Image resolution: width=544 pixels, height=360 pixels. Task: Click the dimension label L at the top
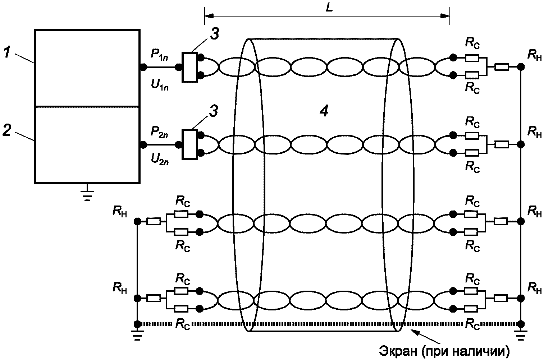click(x=329, y=8)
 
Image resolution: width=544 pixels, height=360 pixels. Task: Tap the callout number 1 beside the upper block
click(x=7, y=52)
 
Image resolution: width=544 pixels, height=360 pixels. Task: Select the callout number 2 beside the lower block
click(x=6, y=130)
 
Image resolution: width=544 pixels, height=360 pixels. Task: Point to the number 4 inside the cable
click(x=324, y=111)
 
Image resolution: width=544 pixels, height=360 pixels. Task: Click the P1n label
click(x=159, y=55)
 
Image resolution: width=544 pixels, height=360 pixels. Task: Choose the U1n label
click(x=160, y=85)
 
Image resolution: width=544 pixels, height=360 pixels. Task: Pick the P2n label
click(x=159, y=133)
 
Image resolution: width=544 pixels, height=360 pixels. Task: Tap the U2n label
click(x=160, y=160)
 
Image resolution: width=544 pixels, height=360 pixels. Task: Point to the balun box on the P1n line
click(x=190, y=67)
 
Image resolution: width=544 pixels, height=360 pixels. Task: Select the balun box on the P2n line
click(x=190, y=145)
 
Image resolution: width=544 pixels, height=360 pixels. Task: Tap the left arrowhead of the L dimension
click(x=209, y=16)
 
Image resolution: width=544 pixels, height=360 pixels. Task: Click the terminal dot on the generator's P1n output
click(x=143, y=67)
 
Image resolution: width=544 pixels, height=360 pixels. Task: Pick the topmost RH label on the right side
click(x=534, y=56)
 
